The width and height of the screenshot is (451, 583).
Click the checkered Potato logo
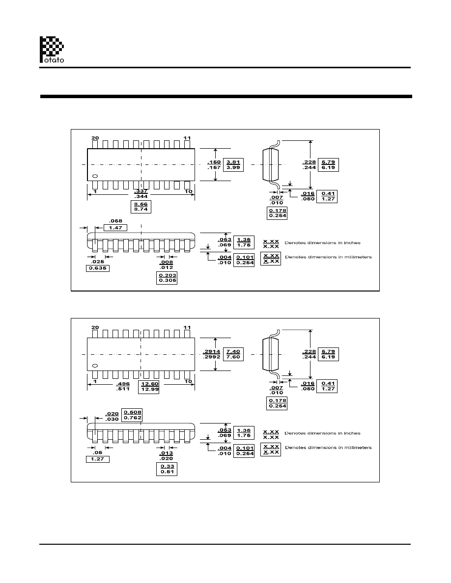click(x=52, y=49)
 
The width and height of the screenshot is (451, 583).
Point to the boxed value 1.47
click(x=115, y=227)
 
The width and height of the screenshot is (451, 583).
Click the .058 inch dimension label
click(x=115, y=221)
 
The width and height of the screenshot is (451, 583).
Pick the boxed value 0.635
click(x=98, y=268)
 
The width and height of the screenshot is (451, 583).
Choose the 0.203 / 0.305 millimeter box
click(x=167, y=278)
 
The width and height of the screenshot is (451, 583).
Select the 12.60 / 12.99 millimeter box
click(x=150, y=387)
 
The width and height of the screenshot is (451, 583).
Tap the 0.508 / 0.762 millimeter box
click(x=132, y=415)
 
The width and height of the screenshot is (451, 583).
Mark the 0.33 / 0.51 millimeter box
click(x=167, y=469)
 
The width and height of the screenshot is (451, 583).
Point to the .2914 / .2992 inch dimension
click(x=212, y=354)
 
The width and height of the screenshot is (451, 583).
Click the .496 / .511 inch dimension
click(x=123, y=387)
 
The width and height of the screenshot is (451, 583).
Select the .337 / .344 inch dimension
click(x=141, y=193)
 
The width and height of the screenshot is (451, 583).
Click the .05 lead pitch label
click(x=98, y=452)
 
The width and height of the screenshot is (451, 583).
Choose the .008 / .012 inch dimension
click(x=167, y=265)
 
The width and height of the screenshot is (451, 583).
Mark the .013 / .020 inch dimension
click(x=167, y=455)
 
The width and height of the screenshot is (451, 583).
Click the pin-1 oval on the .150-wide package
click(x=95, y=176)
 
